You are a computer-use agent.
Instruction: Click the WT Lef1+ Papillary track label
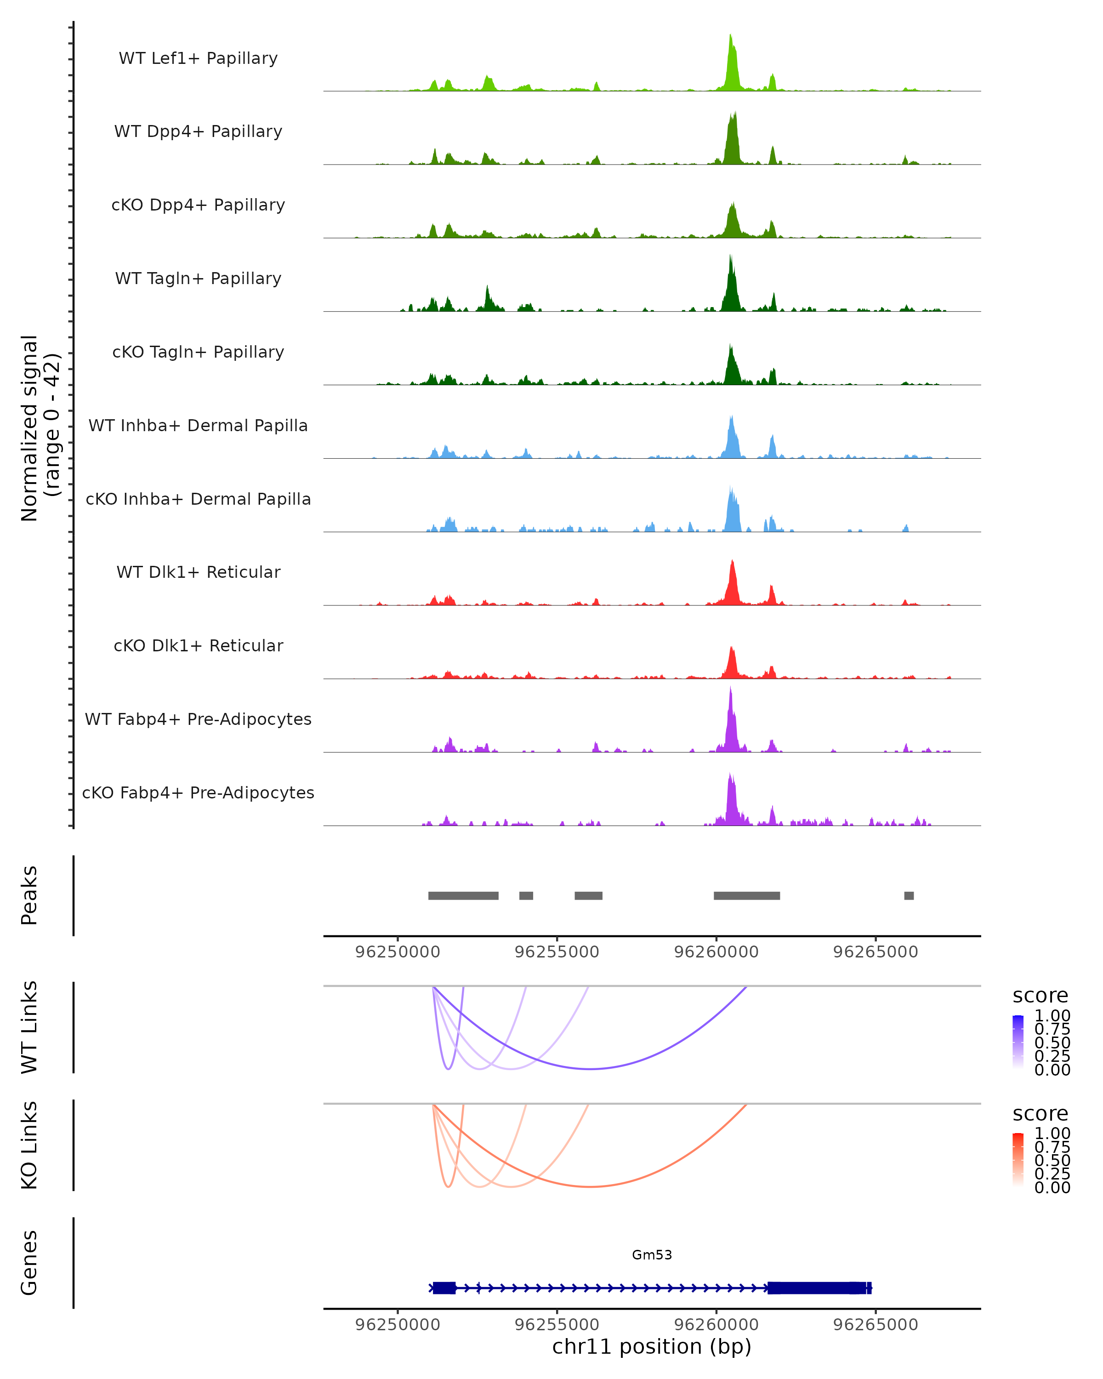198,58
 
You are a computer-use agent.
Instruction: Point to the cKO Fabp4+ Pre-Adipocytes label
198,792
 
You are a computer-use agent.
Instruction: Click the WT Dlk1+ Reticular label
198,572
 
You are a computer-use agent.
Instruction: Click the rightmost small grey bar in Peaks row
909,895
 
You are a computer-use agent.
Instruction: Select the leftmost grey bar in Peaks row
463,895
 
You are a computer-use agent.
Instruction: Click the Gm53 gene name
652,1255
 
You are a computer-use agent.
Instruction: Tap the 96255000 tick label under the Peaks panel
557,952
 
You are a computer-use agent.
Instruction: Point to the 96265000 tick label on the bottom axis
876,1325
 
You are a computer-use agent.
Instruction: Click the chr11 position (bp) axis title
652,1347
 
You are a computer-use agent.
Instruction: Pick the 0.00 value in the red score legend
1052,1188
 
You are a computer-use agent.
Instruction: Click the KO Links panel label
29,1145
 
